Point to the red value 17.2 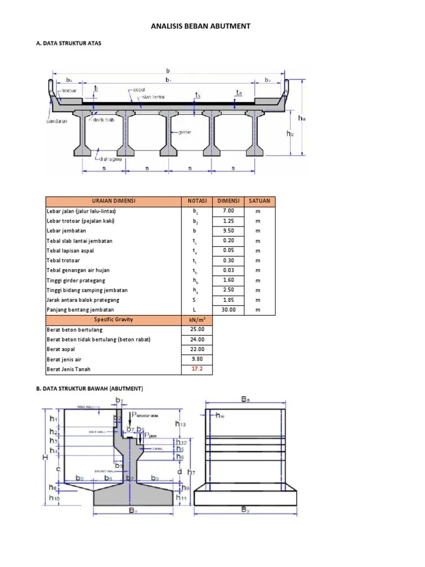[198, 369]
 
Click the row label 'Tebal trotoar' [63, 261]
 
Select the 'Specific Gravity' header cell [113, 320]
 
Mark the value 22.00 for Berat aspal [198, 349]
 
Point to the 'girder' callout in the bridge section [185, 132]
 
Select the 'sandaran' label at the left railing [56, 121]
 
